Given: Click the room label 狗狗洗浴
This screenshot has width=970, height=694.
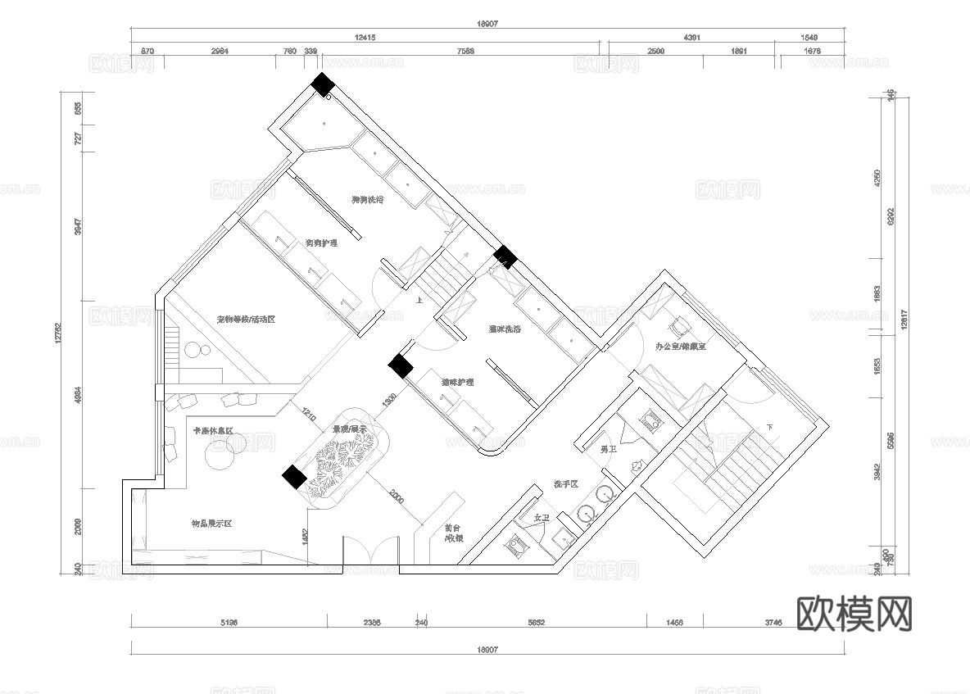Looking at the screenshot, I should click(x=368, y=200).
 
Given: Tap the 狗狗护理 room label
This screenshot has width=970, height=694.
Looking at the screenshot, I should click(x=321, y=243).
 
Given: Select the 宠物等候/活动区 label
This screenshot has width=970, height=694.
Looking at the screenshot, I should click(x=245, y=319).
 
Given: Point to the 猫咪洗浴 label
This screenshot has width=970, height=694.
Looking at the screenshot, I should click(x=505, y=329).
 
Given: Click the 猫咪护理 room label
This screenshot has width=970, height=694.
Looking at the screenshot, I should click(x=457, y=383).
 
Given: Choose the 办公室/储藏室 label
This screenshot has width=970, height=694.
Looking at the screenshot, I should click(x=681, y=347).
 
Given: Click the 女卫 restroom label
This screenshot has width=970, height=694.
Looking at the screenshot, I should click(x=542, y=518).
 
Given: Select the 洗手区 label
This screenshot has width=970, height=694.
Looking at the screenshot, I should click(x=566, y=484).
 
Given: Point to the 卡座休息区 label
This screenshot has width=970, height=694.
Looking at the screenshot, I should click(x=213, y=431).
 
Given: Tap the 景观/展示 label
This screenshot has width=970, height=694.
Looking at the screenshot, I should click(x=348, y=429).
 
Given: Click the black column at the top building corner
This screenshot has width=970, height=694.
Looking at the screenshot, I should click(x=322, y=84).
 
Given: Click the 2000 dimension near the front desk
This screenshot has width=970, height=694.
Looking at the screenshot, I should click(x=396, y=496).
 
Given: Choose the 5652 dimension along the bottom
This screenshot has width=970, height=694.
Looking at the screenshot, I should click(x=535, y=624).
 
